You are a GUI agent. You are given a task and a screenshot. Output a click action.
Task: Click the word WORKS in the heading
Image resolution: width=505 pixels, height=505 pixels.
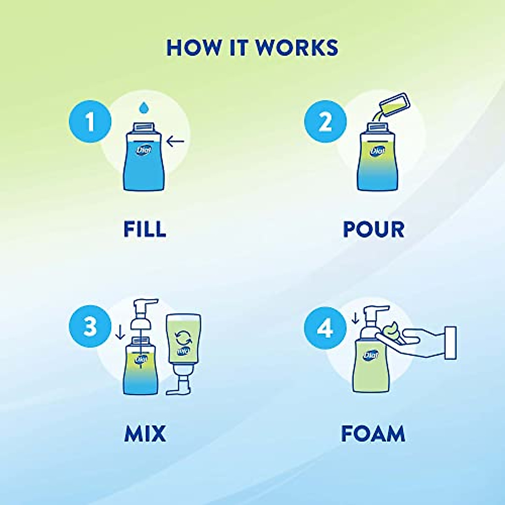[297, 48]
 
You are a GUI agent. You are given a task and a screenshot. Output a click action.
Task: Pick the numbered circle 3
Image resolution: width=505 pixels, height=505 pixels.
[90, 327]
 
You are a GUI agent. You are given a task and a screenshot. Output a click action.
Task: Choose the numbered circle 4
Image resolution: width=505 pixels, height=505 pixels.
[325, 327]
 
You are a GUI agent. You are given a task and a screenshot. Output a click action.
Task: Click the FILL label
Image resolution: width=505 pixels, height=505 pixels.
[145, 229]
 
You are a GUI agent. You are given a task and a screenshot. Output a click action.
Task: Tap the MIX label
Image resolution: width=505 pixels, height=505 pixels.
[145, 434]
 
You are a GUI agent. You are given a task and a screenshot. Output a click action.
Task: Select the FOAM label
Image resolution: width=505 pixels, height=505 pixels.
[373, 434]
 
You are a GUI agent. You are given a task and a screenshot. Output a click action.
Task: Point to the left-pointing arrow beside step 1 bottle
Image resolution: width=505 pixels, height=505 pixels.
[175, 142]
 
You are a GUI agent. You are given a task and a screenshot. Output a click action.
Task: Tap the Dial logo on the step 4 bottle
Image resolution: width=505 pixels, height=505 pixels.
[371, 355]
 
